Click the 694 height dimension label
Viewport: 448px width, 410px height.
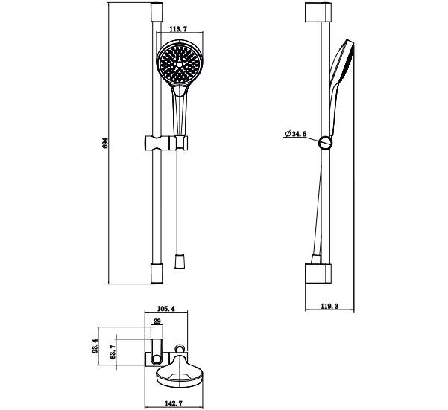(x=106, y=142)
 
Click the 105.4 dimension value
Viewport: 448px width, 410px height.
(x=165, y=309)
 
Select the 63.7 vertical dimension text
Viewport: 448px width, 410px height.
(x=113, y=353)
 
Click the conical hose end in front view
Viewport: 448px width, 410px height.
(x=179, y=262)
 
